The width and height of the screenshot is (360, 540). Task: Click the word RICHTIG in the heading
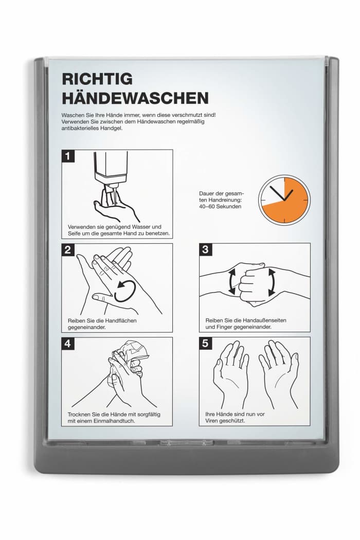click(97, 79)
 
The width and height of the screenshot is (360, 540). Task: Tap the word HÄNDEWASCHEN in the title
click(135, 98)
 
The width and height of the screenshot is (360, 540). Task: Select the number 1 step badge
click(68, 156)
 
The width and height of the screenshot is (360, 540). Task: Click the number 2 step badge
click(68, 249)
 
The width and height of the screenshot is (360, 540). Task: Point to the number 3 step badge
click(206, 249)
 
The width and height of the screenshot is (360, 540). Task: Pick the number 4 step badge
click(68, 344)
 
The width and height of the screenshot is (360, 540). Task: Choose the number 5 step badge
click(206, 343)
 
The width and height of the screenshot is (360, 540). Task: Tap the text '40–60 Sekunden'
click(220, 206)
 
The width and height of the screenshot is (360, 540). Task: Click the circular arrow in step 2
click(124, 291)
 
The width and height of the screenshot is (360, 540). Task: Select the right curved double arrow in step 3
click(272, 282)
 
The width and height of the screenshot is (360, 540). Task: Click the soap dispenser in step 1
click(111, 169)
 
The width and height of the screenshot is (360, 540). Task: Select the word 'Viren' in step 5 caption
click(212, 421)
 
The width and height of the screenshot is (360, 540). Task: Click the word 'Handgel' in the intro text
click(112, 128)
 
